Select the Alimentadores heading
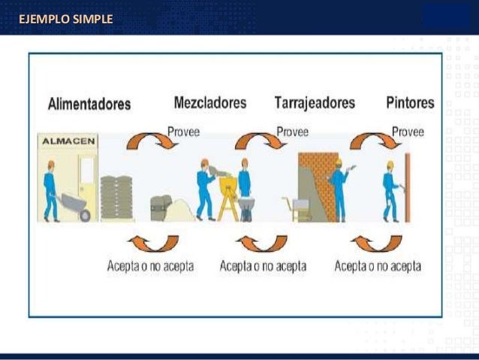(89, 104)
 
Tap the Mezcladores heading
(210, 102)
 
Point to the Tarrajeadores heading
(315, 103)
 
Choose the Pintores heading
(410, 102)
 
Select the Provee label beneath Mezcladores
(183, 130)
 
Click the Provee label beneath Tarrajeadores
(292, 132)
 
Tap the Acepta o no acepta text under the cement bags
(150, 266)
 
